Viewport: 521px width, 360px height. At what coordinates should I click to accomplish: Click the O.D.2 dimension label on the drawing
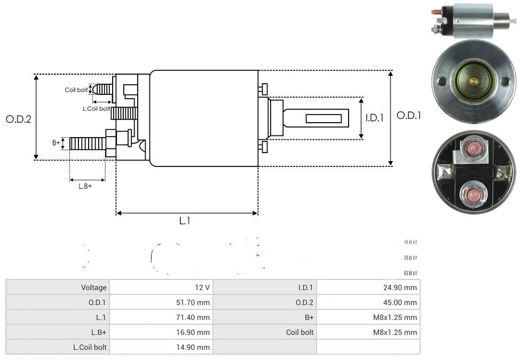point(19,119)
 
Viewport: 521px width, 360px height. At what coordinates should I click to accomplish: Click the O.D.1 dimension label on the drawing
point(409,116)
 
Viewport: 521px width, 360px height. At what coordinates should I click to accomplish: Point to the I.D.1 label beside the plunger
point(375,118)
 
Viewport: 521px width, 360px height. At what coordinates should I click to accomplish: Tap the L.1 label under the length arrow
point(185,221)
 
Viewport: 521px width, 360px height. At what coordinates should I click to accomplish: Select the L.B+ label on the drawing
point(85,186)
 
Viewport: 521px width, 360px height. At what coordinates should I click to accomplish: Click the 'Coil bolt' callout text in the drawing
point(76,90)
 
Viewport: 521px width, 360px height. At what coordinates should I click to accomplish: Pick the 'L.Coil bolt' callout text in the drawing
point(96,109)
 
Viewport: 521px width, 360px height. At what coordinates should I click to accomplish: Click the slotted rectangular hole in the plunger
point(323,117)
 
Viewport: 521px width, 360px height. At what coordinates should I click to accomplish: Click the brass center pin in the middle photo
point(473,81)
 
